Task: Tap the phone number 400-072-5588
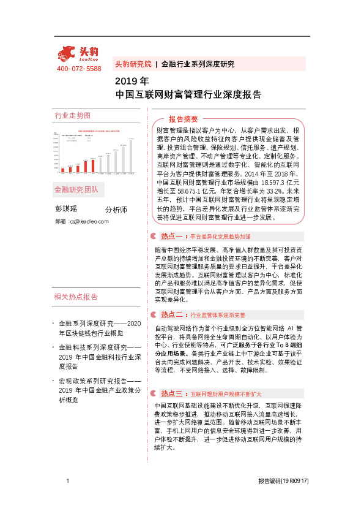[x=79, y=69]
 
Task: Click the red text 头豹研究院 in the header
[x=133, y=64]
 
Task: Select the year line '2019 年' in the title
[x=132, y=81]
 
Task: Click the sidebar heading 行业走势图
[x=73, y=116]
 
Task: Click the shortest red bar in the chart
[x=62, y=170]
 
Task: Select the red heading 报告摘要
[x=184, y=119]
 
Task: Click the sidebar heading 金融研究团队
[x=76, y=189]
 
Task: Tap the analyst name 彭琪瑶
[x=67, y=209]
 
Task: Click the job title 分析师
[x=116, y=210]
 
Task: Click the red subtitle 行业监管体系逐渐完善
[x=218, y=315]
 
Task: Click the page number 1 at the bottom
[x=67, y=482]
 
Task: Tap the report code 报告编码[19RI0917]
[x=283, y=482]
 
